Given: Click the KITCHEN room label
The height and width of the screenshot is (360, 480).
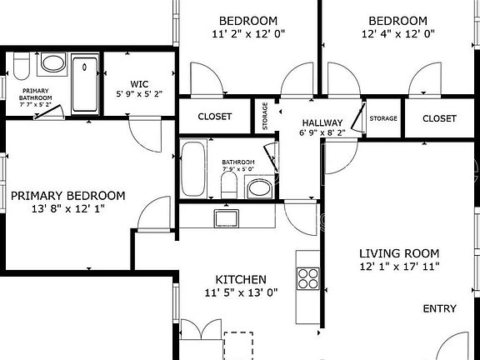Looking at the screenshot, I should [x=241, y=279].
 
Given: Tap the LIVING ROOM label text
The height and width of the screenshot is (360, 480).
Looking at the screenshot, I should [x=399, y=252].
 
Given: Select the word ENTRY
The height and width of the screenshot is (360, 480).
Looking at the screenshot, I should [x=439, y=309].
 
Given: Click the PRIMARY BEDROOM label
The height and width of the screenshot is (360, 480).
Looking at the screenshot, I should [x=67, y=196].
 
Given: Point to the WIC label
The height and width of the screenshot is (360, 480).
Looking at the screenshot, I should [x=138, y=83].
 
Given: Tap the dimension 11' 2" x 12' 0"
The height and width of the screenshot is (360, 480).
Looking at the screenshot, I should [x=248, y=34].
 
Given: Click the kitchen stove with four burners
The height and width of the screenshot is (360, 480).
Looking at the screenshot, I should [x=306, y=277].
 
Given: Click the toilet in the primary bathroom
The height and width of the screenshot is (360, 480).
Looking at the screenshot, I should [x=22, y=64].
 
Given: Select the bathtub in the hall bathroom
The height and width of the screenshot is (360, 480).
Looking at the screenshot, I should [x=193, y=168].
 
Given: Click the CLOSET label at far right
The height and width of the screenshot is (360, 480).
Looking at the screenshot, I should [x=439, y=118].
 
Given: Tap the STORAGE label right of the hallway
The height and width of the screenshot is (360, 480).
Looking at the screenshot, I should [x=383, y=118].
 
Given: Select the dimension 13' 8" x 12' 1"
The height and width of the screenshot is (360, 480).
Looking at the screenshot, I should [x=67, y=208].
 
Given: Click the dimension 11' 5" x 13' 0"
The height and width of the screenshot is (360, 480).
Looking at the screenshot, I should [x=241, y=292].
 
